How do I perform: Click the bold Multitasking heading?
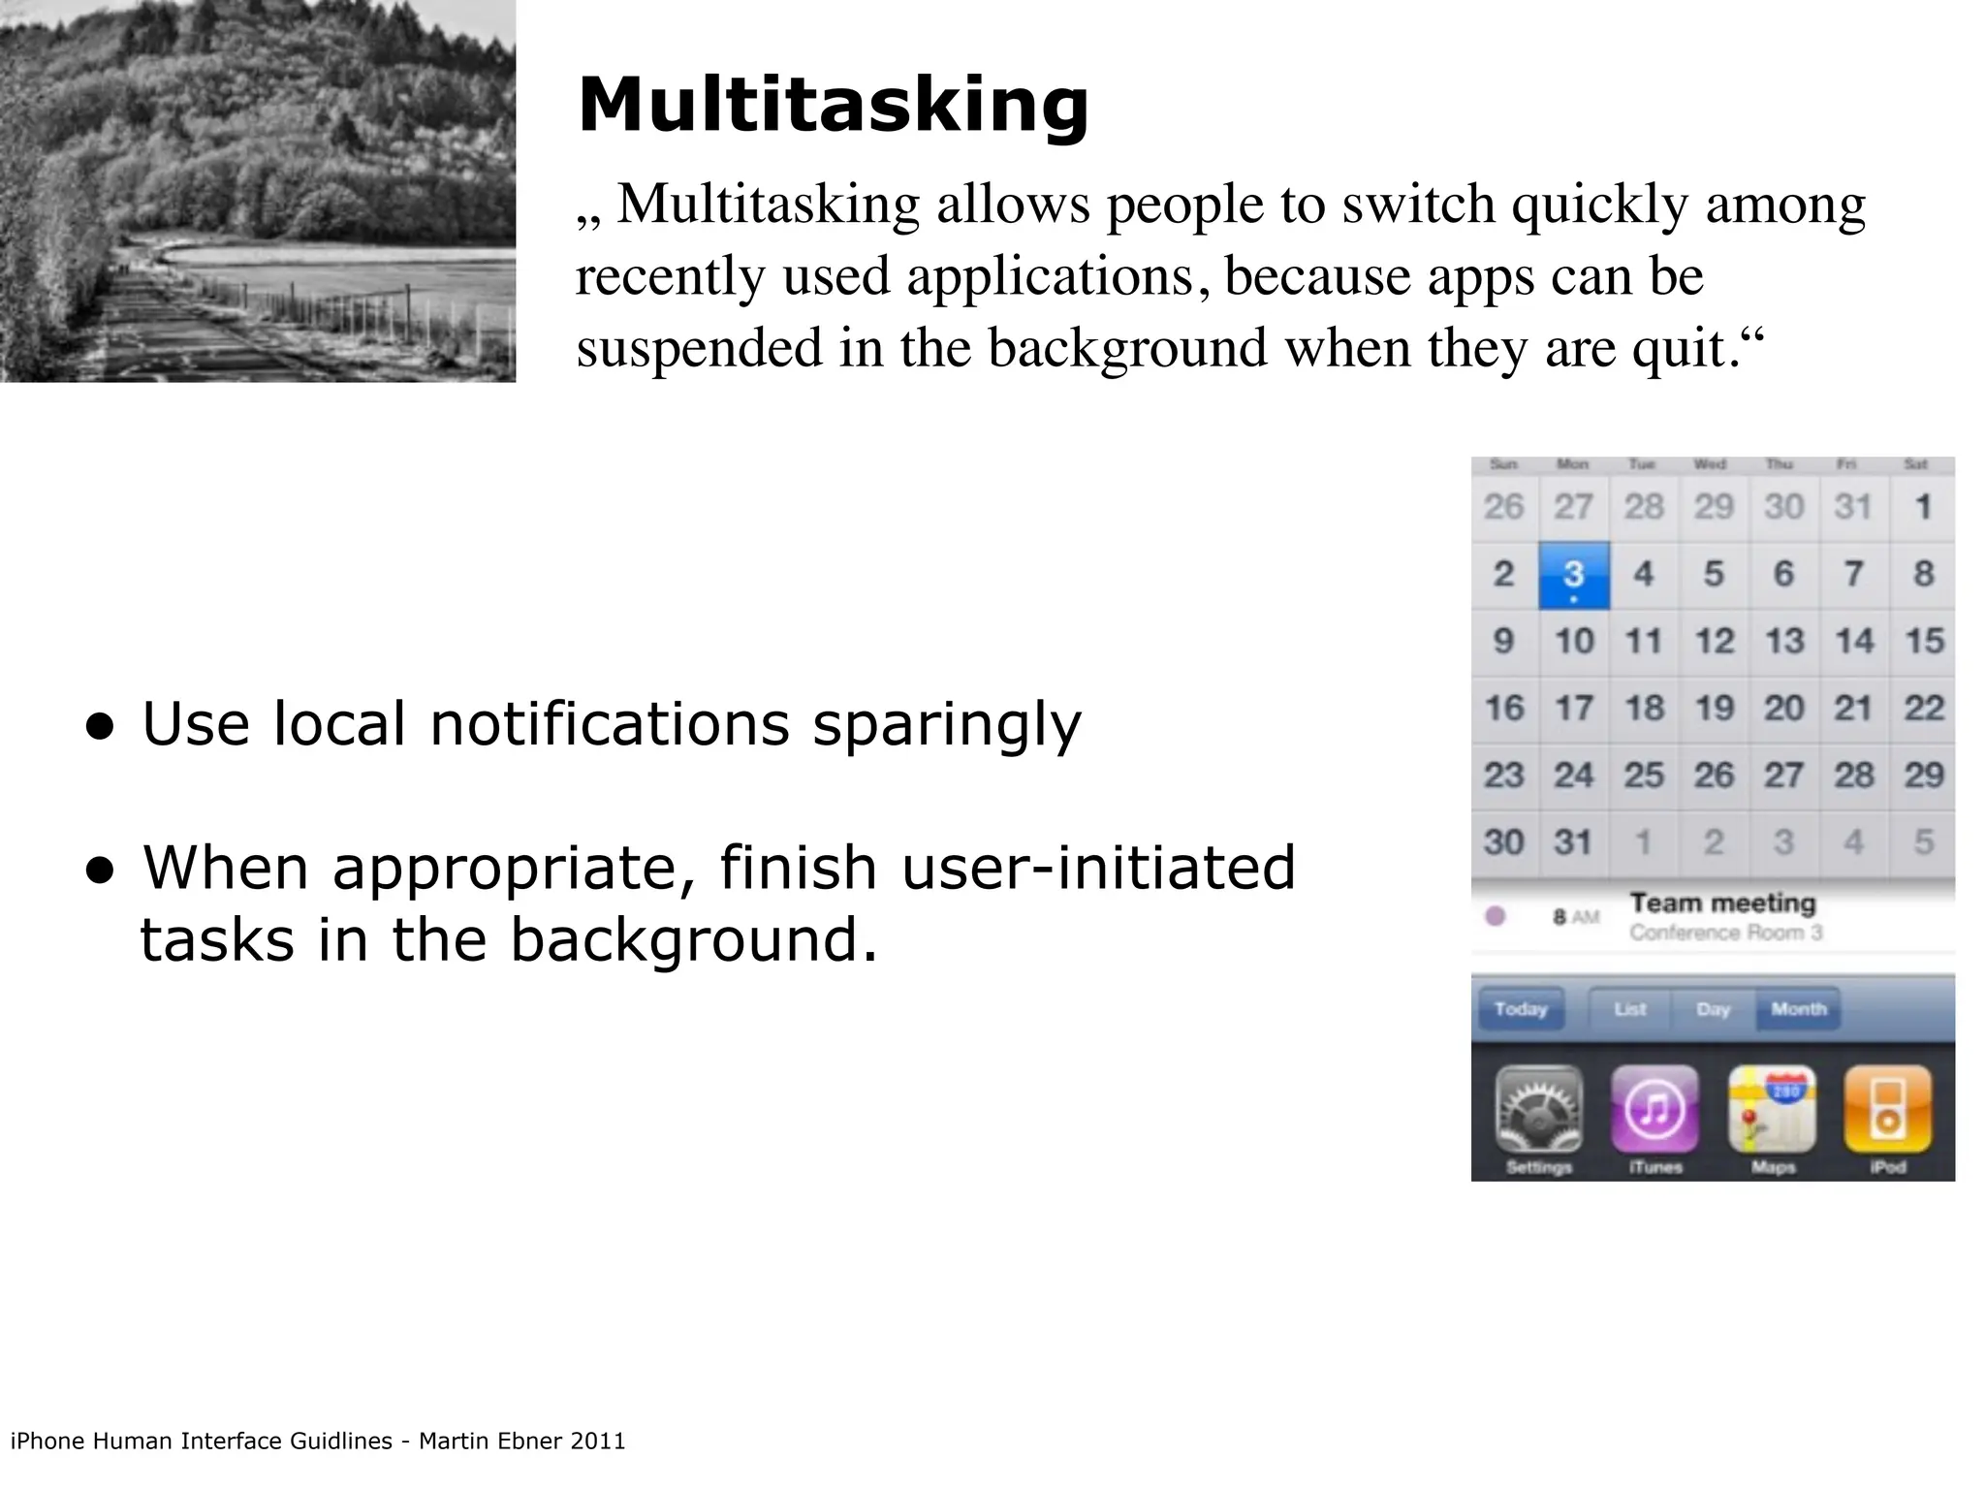(x=834, y=105)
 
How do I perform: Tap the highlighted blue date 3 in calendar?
(x=1574, y=575)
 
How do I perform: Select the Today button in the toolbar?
(x=1521, y=1010)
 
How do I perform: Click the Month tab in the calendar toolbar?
(x=1798, y=1010)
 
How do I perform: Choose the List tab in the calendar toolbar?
(x=1630, y=1010)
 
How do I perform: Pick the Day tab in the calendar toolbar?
(x=1714, y=1010)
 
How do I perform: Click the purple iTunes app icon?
(x=1654, y=1110)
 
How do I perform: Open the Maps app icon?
(x=1772, y=1110)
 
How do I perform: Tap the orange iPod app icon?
(x=1887, y=1110)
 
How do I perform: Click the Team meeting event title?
(x=1722, y=903)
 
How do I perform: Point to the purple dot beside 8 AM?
(x=1496, y=916)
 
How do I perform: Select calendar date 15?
(x=1924, y=641)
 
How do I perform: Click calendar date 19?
(x=1714, y=709)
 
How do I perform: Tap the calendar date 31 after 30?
(x=1573, y=842)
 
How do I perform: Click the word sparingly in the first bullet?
(x=946, y=725)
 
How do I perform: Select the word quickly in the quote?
(x=1599, y=206)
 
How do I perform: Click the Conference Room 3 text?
(x=1725, y=934)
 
